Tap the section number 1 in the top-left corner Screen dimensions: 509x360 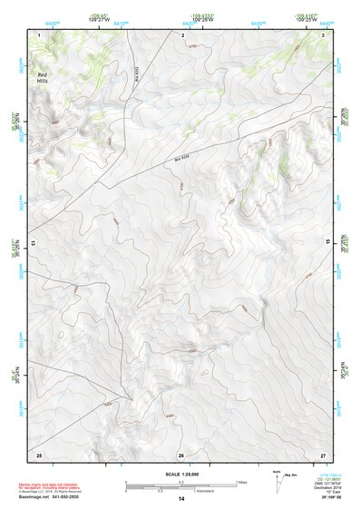39,34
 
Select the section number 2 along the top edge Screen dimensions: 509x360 182,34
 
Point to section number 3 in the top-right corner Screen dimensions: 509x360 324,34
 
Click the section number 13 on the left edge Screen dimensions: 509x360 34,243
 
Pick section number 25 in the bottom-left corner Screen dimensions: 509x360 38,454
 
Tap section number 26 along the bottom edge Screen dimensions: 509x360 180,455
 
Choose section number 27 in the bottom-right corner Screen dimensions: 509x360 322,454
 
